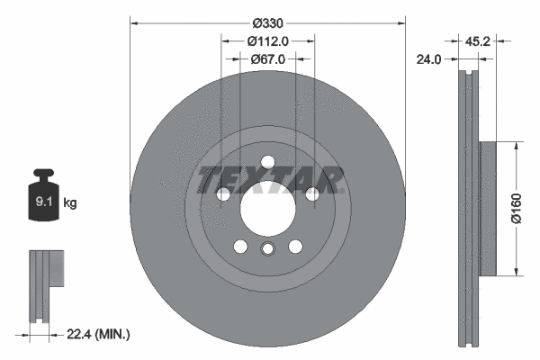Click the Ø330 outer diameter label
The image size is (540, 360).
268,22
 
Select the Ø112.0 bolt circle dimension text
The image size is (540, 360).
268,40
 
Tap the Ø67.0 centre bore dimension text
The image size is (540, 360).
268,59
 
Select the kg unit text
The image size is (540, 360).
70,203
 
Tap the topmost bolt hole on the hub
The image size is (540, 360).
268,162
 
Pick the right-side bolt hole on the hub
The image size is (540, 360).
312,194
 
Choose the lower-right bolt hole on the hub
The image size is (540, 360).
295,247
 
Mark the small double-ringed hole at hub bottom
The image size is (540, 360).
268,250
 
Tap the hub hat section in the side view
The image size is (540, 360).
489,207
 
